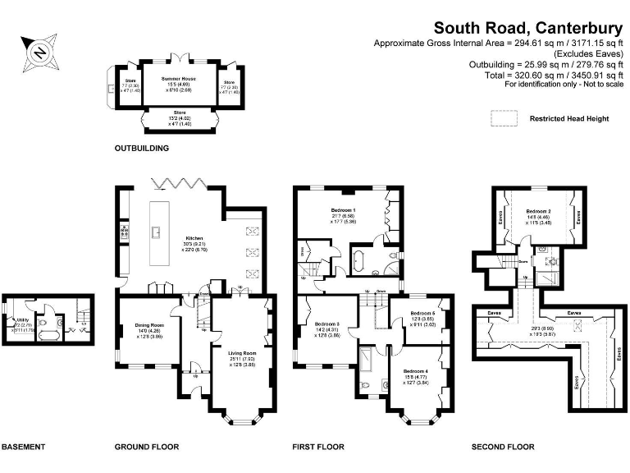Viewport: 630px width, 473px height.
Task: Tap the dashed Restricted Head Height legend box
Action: pyautogui.click(x=504, y=118)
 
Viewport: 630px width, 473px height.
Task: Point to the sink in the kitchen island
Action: pyautogui.click(x=155, y=232)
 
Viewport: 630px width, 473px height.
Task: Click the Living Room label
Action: pyautogui.click(x=244, y=354)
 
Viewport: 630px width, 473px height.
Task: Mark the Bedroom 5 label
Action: pyautogui.click(x=422, y=314)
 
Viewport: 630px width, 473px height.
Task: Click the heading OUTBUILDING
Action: pyautogui.click(x=143, y=149)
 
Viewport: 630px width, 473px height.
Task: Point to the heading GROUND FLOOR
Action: pyautogui.click(x=147, y=448)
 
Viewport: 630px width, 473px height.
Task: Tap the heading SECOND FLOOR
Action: pyautogui.click(x=503, y=448)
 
